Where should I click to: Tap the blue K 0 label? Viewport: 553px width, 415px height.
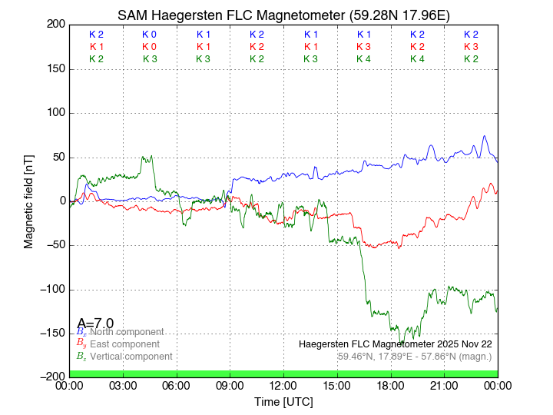[149, 35]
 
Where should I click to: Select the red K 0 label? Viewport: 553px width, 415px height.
[149, 47]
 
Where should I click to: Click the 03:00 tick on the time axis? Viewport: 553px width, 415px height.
[123, 386]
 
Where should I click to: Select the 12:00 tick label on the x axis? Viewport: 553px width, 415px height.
[283, 386]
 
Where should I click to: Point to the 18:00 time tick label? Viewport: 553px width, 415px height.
[390, 386]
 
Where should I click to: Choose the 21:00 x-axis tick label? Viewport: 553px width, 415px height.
[444, 386]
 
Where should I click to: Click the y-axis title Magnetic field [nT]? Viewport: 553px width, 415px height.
[29, 201]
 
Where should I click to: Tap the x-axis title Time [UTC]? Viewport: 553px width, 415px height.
[283, 402]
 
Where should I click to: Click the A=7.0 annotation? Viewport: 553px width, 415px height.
[95, 323]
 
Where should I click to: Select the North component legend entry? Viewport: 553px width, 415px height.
[124, 332]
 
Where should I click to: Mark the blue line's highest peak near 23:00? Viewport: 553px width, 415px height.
[485, 136]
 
